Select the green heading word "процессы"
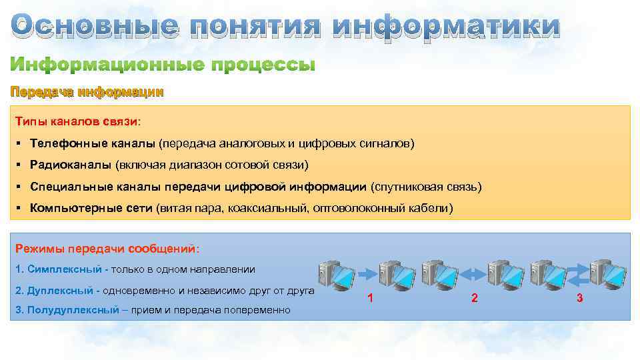(x=263, y=65)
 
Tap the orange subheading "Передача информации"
(x=86, y=92)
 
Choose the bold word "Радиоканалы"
(x=71, y=165)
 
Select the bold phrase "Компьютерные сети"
(x=91, y=208)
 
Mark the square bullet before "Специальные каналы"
(x=20, y=187)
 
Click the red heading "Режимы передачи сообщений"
(x=105, y=249)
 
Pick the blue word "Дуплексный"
(x=61, y=291)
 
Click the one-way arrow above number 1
(x=367, y=273)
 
